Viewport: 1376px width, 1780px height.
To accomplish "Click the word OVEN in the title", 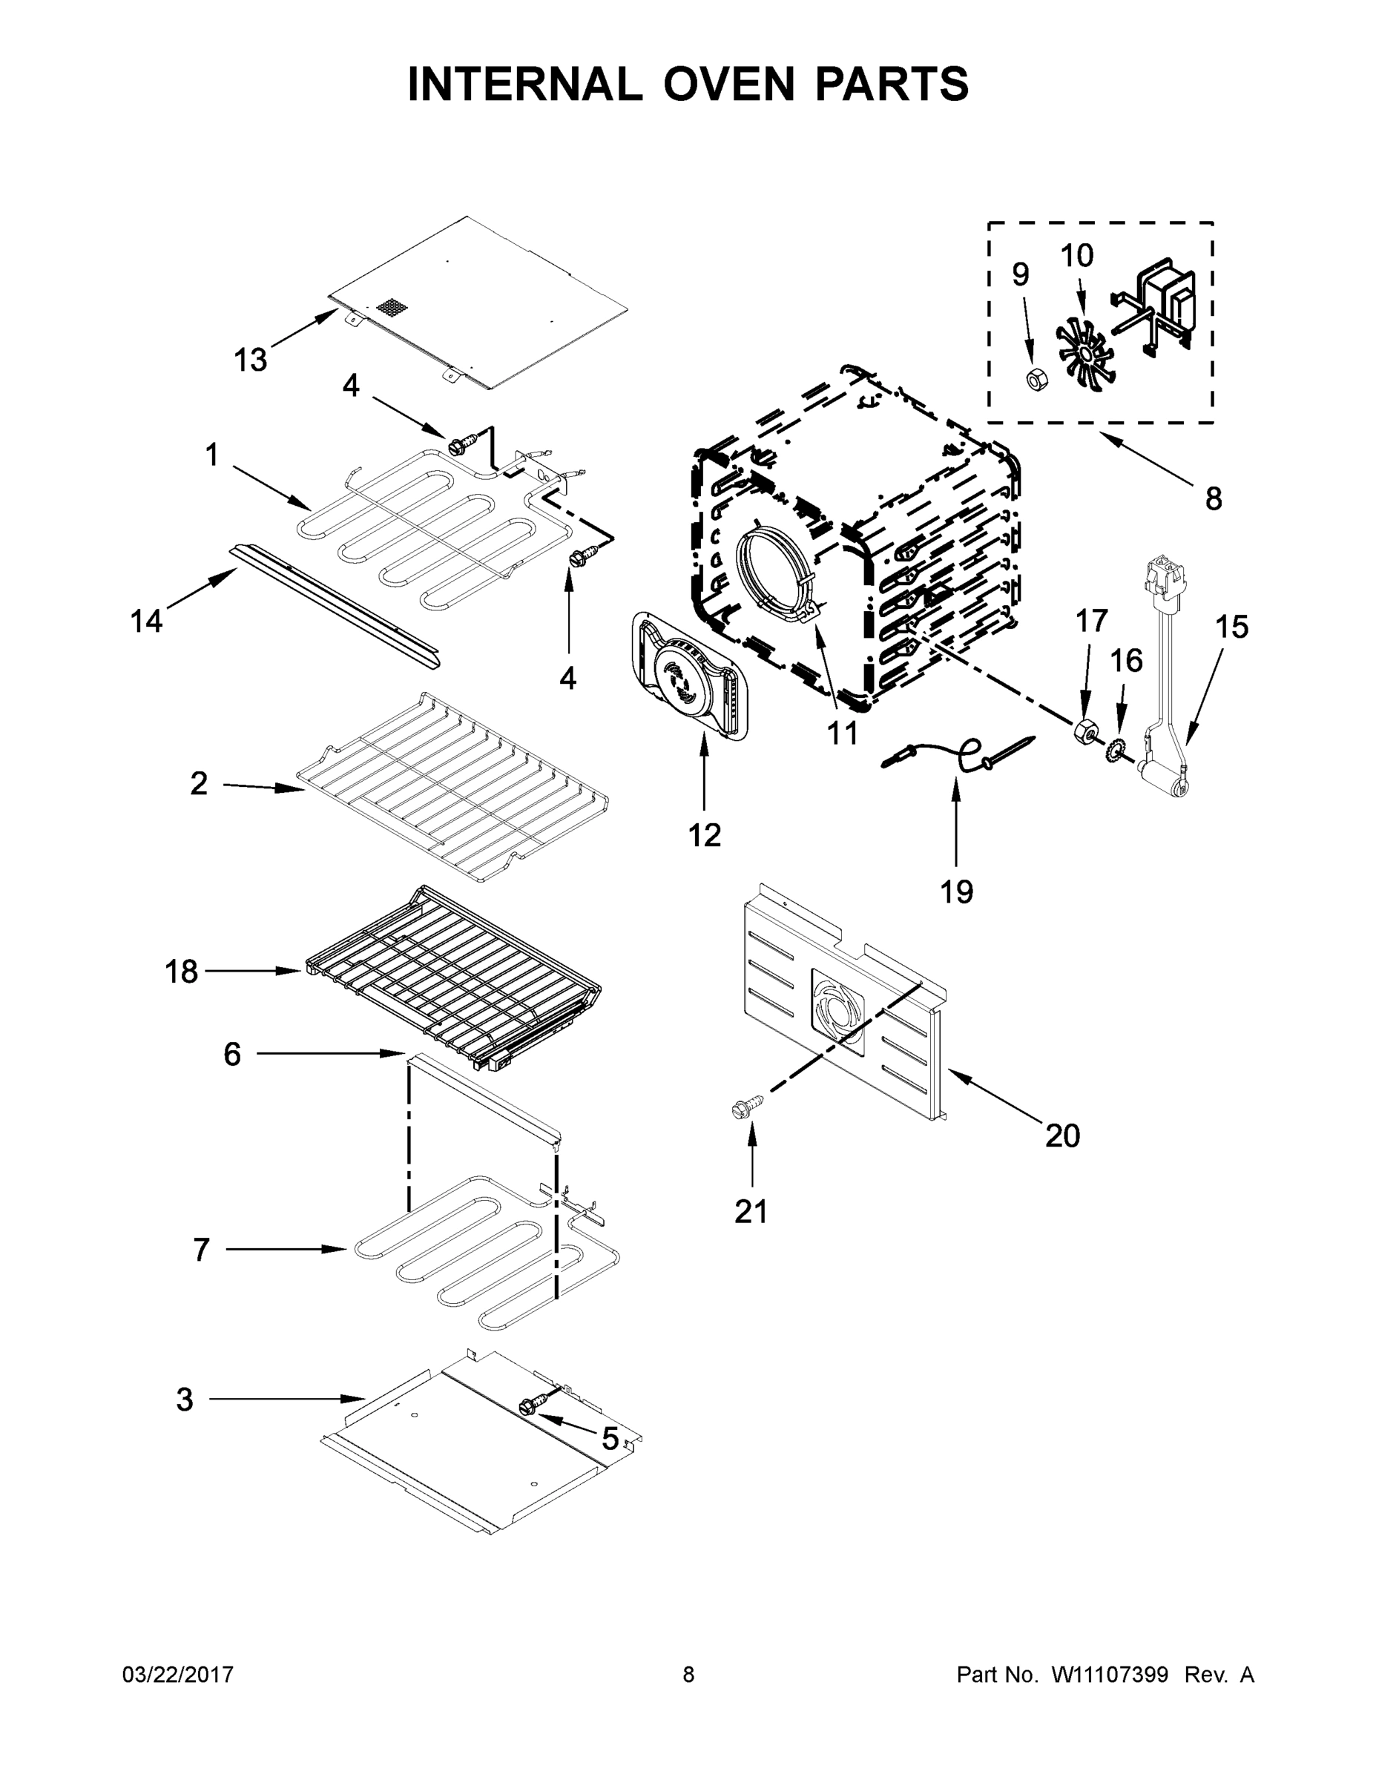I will click(728, 84).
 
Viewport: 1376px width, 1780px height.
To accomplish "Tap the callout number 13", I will click(250, 360).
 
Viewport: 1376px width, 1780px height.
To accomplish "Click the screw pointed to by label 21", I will click(748, 1107).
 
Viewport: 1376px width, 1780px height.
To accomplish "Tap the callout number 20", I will click(1062, 1135).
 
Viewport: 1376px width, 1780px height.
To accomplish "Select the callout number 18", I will click(181, 972).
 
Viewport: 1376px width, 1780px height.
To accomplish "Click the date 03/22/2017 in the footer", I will click(178, 1675).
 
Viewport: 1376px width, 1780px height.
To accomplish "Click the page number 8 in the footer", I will click(688, 1675).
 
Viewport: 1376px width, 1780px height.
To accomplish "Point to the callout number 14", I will click(147, 622).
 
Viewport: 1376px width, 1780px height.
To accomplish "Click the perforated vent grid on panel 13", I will click(391, 307).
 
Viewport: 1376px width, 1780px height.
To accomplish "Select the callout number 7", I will click(201, 1250).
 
